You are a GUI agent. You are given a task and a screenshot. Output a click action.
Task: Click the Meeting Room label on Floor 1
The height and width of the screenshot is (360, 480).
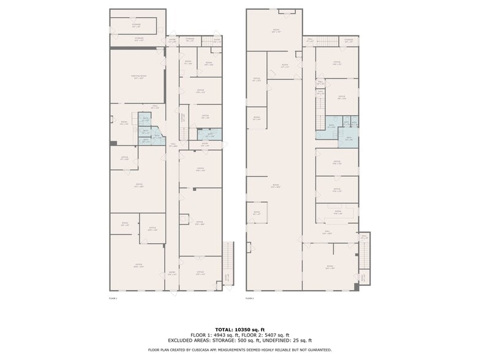137,77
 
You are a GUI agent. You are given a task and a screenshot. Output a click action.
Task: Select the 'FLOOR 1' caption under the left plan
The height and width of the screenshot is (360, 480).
113,298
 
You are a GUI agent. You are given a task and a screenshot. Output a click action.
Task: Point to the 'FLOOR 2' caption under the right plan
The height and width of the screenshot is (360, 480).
249,298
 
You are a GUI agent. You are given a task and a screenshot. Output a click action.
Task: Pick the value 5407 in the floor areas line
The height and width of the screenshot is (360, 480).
270,335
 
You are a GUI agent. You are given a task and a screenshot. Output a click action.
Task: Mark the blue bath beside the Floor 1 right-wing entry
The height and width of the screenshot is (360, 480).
210,135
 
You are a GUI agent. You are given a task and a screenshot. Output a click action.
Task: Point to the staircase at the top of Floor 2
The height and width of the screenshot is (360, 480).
328,42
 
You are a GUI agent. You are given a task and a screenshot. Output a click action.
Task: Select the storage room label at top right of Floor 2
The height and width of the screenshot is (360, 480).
348,41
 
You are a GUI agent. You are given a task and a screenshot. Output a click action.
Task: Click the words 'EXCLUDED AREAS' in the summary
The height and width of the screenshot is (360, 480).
183,340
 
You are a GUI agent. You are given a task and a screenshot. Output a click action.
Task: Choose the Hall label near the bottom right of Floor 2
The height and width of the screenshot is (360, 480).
331,233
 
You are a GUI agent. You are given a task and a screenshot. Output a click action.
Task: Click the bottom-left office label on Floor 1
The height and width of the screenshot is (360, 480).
138,265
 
